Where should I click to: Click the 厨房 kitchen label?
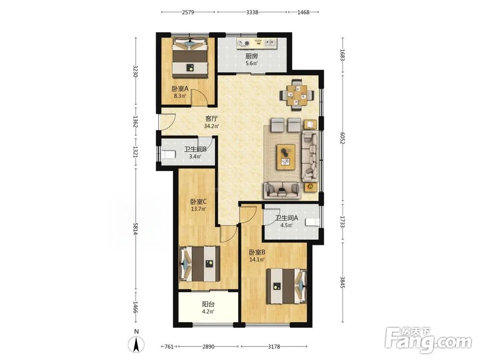[x=252, y=56]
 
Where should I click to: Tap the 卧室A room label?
[x=180, y=89]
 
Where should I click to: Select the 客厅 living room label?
[x=211, y=119]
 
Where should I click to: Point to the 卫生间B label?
[x=195, y=149]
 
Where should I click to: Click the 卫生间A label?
[x=287, y=218]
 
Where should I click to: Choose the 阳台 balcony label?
[x=208, y=305]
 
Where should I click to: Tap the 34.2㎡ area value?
[x=211, y=126]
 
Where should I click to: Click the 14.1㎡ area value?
[x=257, y=260]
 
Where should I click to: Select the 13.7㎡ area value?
[x=198, y=209]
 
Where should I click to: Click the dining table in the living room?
[x=297, y=95]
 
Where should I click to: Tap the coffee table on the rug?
[x=286, y=157]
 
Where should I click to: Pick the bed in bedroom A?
[x=190, y=58]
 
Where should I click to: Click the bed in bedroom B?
[x=286, y=286]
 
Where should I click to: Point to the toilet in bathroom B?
[x=168, y=154]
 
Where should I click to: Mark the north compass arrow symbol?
[x=136, y=344]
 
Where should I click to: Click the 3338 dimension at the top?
[x=252, y=12]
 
